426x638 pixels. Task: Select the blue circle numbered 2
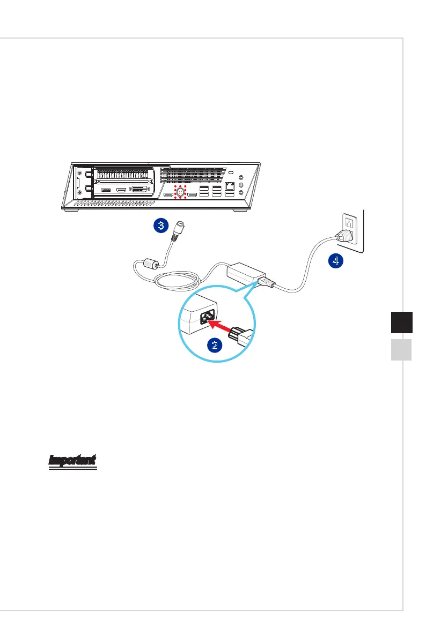[x=214, y=345]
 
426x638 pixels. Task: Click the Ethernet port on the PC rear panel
[x=230, y=187]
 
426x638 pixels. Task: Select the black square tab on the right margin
[x=400, y=324]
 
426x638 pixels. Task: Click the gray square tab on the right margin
[x=400, y=350]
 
